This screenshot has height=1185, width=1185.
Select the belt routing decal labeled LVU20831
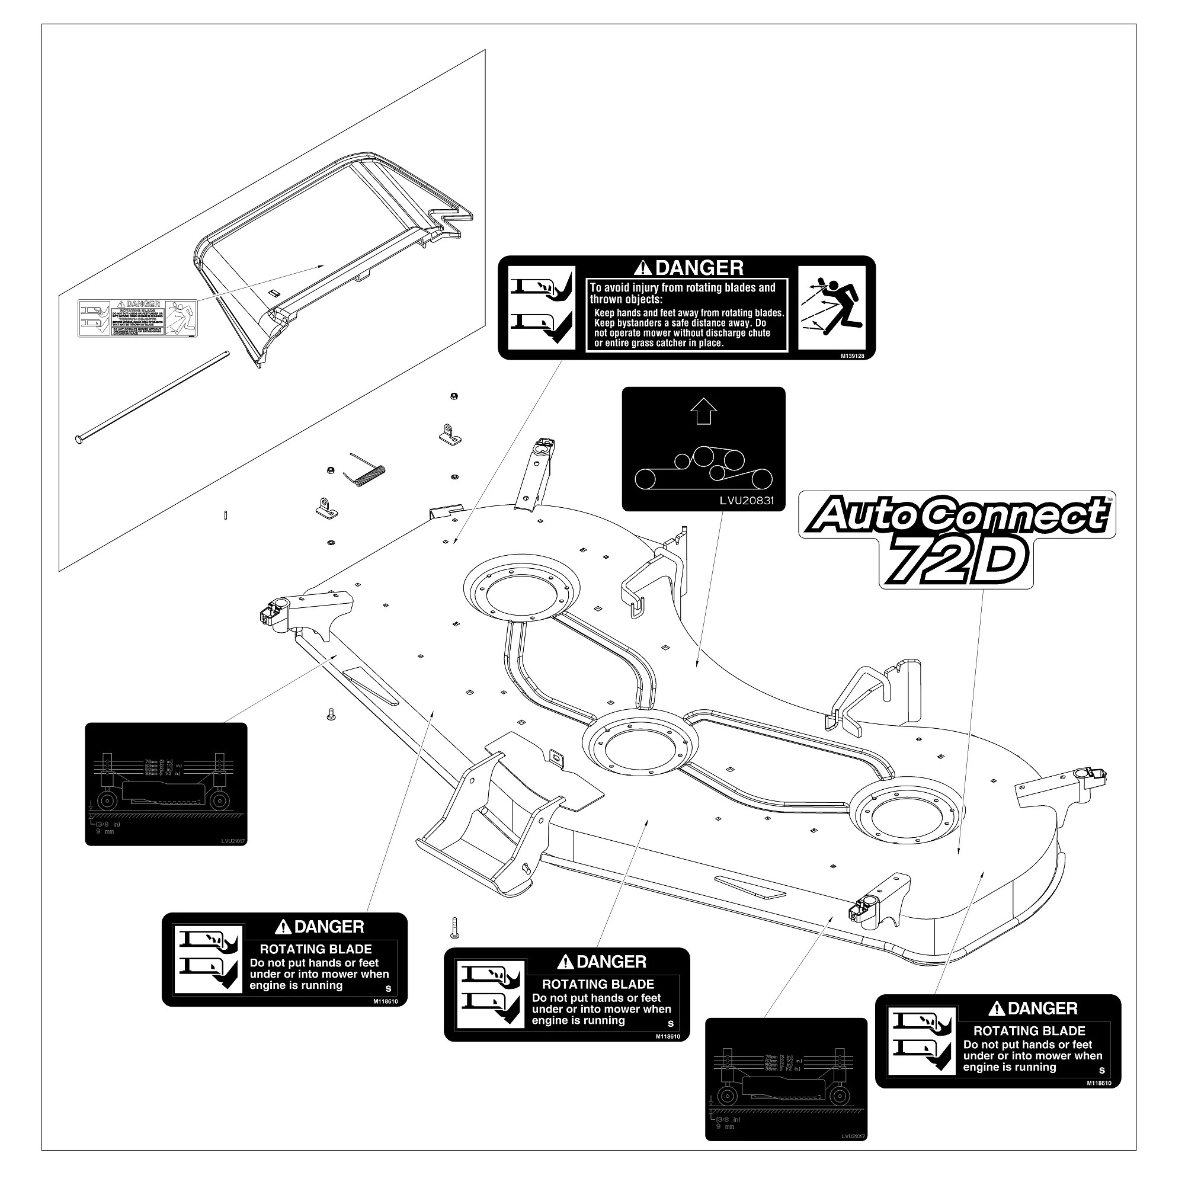pos(703,449)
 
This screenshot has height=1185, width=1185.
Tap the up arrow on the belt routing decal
pos(703,411)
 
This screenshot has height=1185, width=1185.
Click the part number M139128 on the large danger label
pos(852,355)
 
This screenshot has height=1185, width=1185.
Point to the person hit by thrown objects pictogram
pos(832,308)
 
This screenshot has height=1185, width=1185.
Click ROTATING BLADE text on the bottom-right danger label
pos(1029,1031)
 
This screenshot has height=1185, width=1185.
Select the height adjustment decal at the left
pos(166,784)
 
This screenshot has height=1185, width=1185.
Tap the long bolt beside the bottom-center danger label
pos(454,936)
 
